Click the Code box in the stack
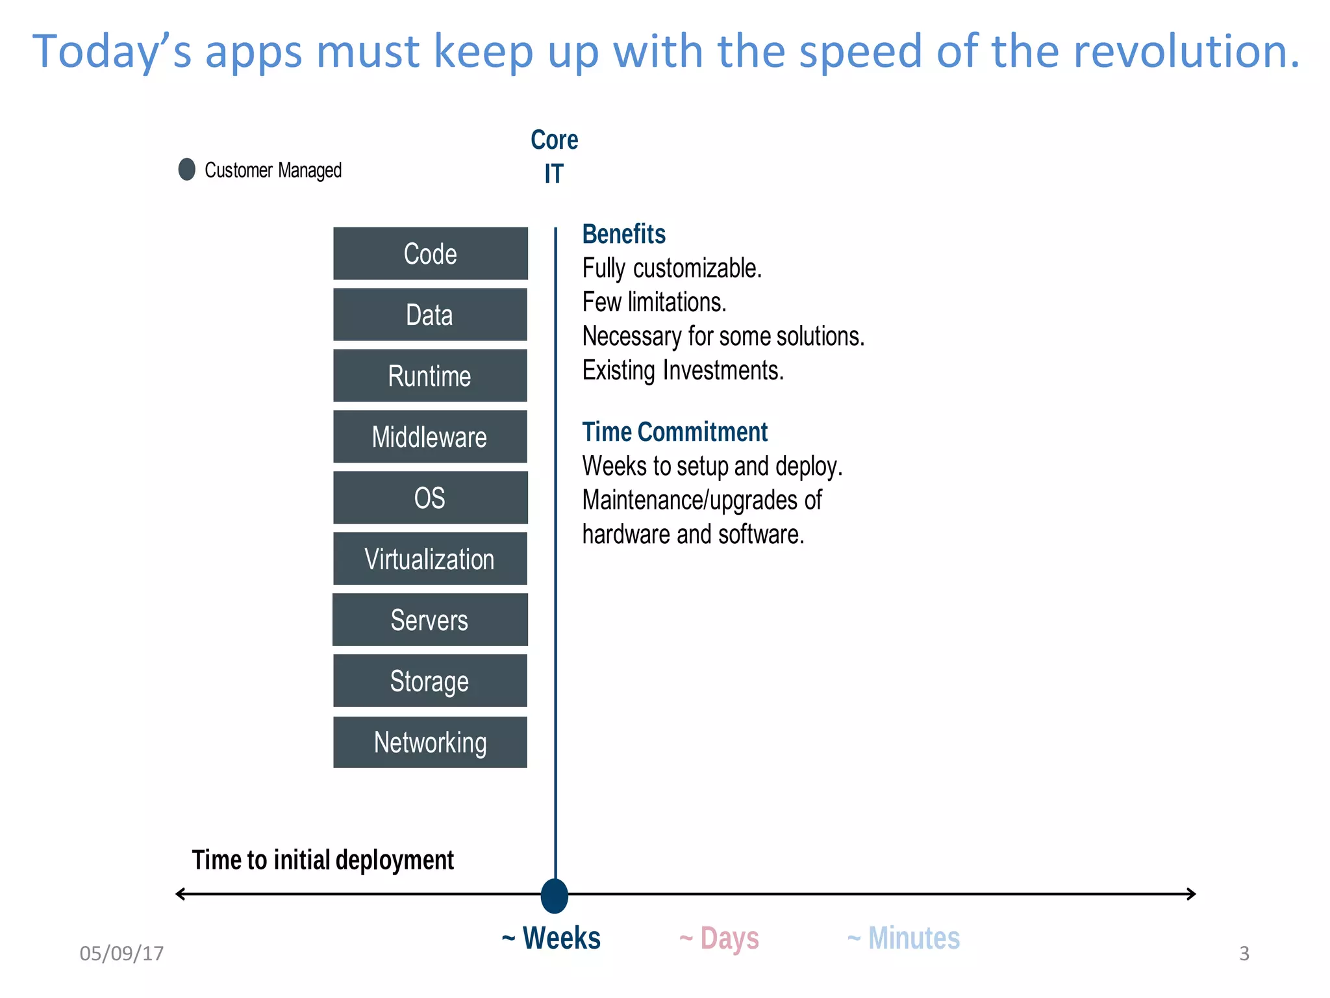tap(430, 253)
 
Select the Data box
tap(430, 314)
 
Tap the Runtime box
tap(430, 376)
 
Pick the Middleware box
tap(430, 437)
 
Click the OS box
tap(430, 498)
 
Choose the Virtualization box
tap(430, 559)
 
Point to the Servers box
tap(430, 620)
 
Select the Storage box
tap(430, 681)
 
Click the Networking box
tap(430, 742)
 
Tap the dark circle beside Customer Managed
tap(187, 170)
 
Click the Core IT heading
tap(554, 157)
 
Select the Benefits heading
tap(623, 234)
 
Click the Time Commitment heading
tap(674, 432)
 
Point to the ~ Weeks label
tap(551, 938)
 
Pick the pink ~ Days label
tap(719, 938)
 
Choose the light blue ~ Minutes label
tap(903, 938)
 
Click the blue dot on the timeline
tap(555, 895)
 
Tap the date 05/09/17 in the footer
tap(121, 953)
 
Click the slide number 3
tap(1244, 953)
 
